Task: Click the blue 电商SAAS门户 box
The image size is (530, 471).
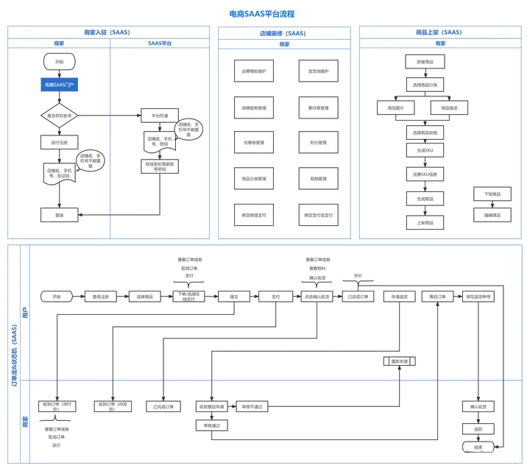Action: tap(59, 85)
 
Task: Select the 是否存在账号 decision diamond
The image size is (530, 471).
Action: tap(59, 116)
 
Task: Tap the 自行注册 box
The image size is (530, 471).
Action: tap(59, 142)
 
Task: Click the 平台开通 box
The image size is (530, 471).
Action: tap(159, 116)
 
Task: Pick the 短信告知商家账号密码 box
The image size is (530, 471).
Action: tap(159, 167)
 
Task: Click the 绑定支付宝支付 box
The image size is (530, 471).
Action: tap(318, 216)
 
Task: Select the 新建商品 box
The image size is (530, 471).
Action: tap(425, 62)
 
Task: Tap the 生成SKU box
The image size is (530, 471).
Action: tap(425, 149)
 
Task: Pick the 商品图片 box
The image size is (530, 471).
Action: tap(396, 108)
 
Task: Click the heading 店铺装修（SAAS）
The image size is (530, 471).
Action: tap(283, 33)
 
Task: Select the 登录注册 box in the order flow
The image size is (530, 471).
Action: tap(101, 297)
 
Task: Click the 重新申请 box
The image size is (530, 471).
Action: tap(400, 361)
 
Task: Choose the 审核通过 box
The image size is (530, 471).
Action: tap(211, 425)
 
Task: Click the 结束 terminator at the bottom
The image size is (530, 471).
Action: tap(478, 447)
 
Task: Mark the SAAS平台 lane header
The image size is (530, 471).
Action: tap(160, 43)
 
